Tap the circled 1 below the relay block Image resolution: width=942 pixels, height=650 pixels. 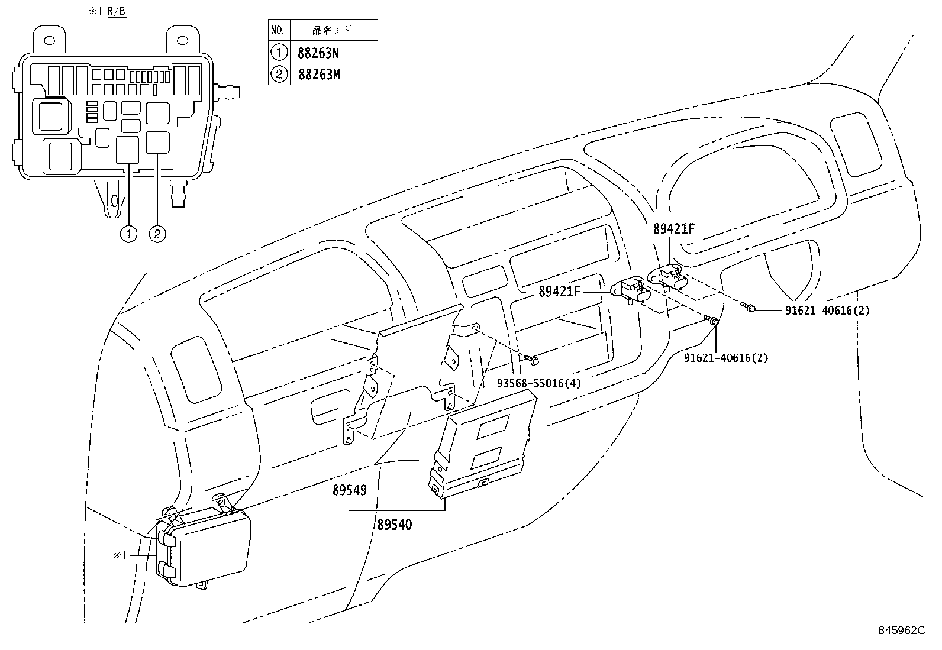coord(127,234)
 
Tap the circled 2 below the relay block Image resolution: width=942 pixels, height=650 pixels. coord(157,234)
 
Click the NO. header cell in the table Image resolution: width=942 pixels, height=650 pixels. coord(278,30)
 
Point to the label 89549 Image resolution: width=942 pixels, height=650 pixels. coord(349,490)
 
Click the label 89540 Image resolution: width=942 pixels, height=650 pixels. coord(394,524)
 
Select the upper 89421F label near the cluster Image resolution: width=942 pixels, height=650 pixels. coord(674,229)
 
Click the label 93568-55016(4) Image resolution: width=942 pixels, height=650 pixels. coord(538,383)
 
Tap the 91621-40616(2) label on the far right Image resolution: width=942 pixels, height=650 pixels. coord(827,310)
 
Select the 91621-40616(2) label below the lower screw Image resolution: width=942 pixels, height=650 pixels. coord(725,357)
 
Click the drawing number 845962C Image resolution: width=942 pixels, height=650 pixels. coord(901,630)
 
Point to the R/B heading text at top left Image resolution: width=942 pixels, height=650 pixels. coord(117,12)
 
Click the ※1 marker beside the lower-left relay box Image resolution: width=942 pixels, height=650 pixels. coord(120,555)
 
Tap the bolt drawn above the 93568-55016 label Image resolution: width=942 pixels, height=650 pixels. coord(532,359)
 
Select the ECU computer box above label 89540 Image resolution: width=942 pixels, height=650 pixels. coord(482,447)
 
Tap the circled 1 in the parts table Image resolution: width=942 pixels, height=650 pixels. coord(278,53)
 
